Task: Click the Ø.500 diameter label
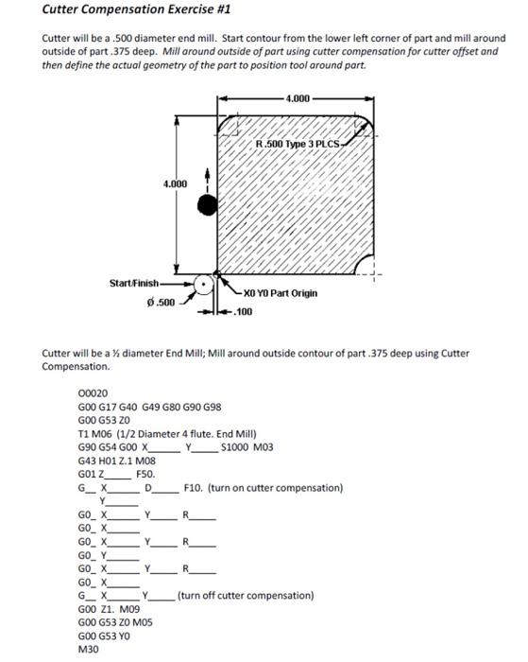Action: pos(162,302)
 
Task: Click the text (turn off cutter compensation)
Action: pos(246,596)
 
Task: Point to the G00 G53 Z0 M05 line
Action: pos(116,624)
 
